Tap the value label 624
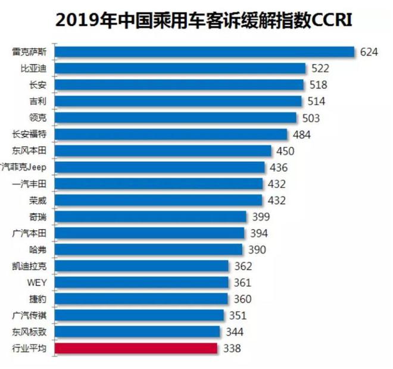click(x=369, y=52)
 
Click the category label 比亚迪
click(x=33, y=69)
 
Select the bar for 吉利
click(x=178, y=102)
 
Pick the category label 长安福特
click(x=29, y=135)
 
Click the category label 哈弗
click(x=38, y=249)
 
